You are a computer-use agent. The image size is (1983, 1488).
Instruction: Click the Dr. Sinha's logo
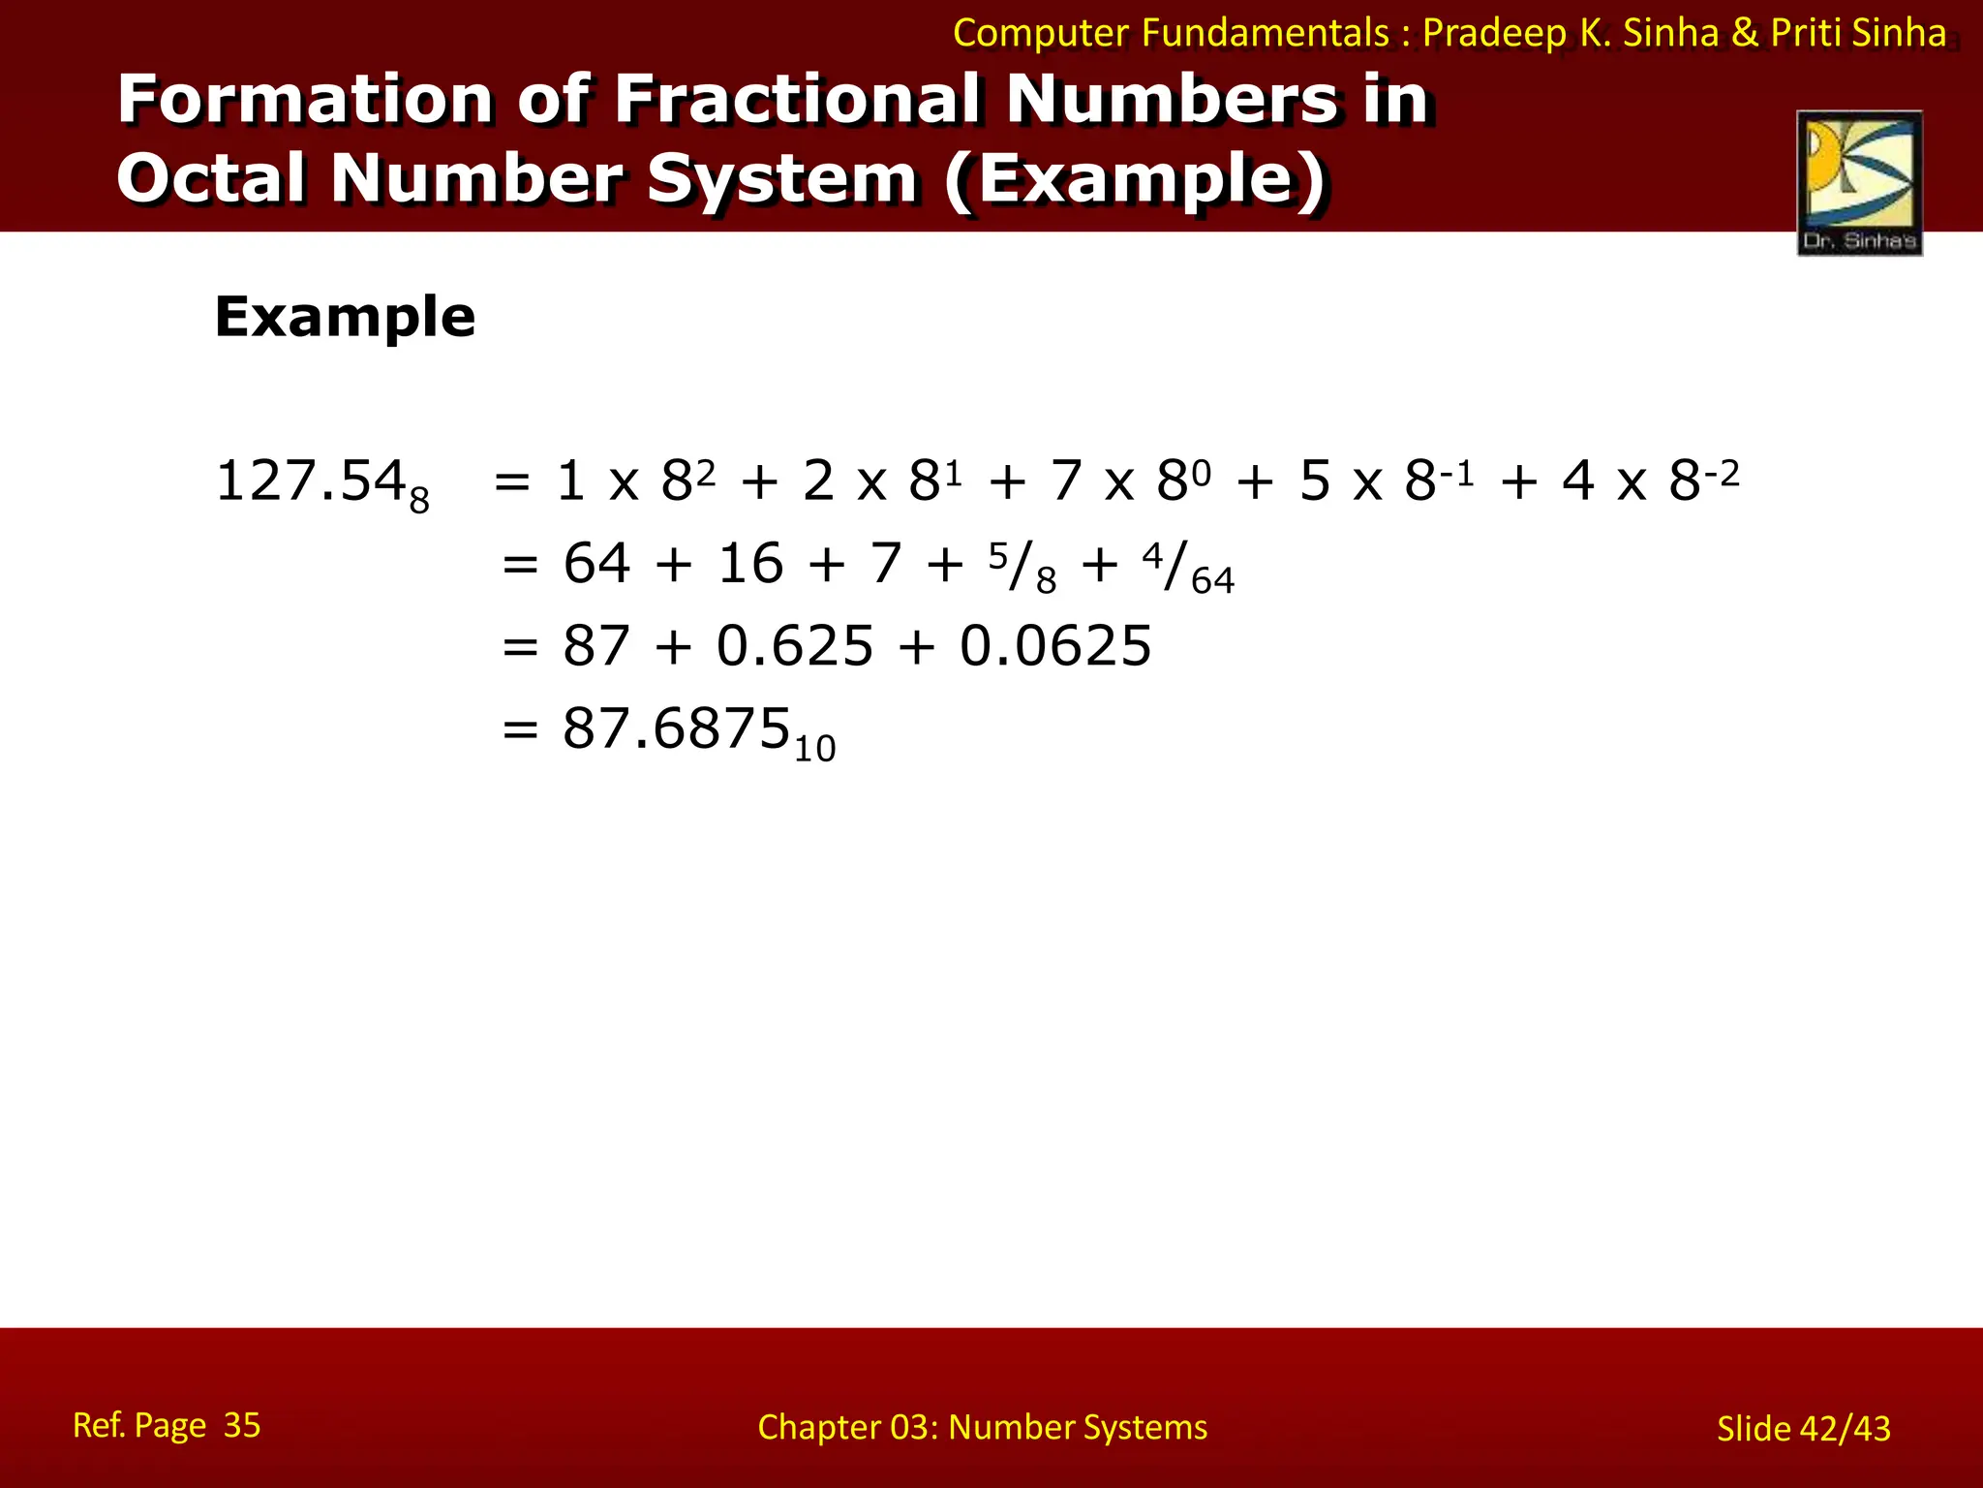[x=1859, y=182]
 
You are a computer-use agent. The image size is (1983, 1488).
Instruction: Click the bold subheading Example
[x=345, y=317]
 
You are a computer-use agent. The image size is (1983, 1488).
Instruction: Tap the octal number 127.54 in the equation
[x=310, y=480]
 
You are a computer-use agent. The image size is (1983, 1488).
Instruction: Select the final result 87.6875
[x=677, y=728]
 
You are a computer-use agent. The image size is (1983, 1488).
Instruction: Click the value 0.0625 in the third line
[x=1055, y=646]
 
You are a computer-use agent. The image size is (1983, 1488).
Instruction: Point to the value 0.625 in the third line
[x=795, y=646]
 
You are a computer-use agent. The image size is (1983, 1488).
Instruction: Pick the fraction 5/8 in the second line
[x=1022, y=567]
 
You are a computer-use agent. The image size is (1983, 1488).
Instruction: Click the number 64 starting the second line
[x=596, y=564]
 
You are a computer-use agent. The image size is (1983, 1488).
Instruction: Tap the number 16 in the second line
[x=750, y=564]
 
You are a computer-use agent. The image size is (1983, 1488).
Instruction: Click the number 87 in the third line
[x=596, y=646]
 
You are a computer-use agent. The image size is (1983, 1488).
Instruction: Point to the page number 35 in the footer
[x=242, y=1425]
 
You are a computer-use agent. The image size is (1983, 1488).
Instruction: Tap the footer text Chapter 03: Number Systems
[x=982, y=1427]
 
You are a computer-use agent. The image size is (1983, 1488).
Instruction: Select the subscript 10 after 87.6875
[x=814, y=749]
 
